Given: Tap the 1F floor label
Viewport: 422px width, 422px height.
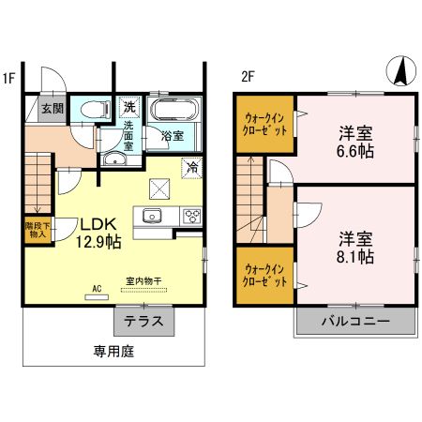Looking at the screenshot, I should click(8, 78).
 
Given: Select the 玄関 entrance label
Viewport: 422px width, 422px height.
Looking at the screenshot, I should click(52, 109).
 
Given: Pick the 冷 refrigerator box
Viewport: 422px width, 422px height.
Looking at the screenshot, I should click(191, 169).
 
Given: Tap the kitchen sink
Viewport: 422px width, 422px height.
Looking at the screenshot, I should click(152, 217).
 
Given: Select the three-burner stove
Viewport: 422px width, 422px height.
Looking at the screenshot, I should click(191, 217).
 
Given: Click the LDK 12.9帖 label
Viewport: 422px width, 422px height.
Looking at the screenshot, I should click(97, 233).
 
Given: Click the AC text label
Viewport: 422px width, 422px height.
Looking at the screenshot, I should click(96, 290).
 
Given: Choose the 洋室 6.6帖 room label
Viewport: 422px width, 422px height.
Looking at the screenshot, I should click(354, 141).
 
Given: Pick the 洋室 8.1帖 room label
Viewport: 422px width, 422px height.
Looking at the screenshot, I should click(354, 247).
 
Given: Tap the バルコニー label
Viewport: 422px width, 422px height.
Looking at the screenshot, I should click(355, 321).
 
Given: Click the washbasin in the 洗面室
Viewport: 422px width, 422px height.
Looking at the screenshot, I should click(115, 158).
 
